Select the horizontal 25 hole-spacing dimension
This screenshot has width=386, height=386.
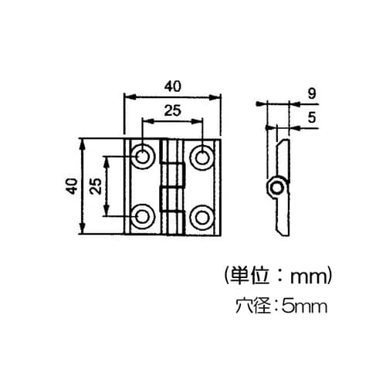tap(172, 110)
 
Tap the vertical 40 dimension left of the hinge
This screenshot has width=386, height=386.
tap(72, 186)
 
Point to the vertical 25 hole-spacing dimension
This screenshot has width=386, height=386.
tap(97, 186)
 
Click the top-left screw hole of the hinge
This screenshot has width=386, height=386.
tap(143, 157)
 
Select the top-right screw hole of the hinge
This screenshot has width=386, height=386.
tap(201, 157)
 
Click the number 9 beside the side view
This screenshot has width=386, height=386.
tap(311, 93)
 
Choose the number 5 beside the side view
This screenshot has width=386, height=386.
tap(311, 117)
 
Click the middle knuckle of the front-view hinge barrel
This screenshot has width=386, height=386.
tap(172, 186)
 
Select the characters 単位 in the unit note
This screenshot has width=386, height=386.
tap(248, 274)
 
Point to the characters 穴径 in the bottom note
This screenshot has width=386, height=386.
tap(252, 306)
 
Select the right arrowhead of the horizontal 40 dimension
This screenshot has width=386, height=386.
tap(217, 96)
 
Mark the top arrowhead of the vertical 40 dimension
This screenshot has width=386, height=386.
tap(83, 143)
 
